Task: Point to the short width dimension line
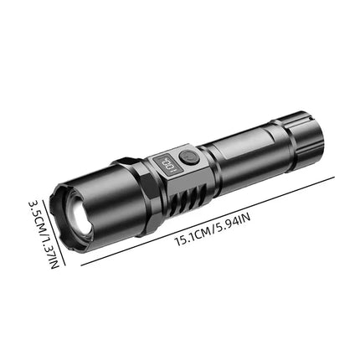point(48,226)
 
